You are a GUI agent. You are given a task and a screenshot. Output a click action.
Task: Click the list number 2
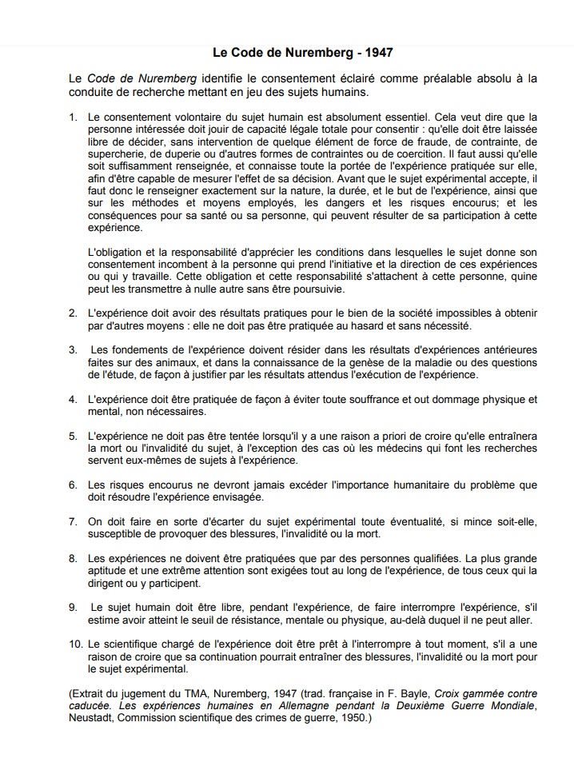coord(73,313)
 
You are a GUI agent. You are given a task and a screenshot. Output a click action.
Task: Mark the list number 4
coord(73,399)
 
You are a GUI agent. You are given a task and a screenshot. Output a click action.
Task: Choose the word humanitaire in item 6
coord(412,485)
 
